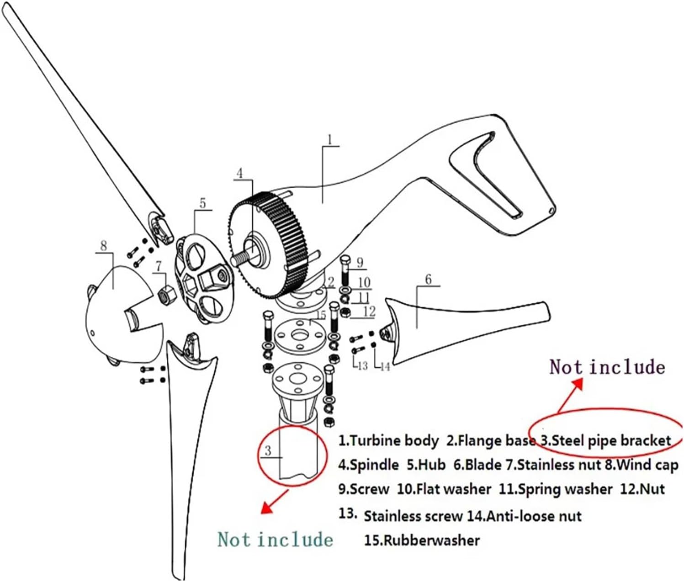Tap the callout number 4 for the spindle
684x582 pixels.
(240, 173)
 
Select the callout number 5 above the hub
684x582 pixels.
(202, 203)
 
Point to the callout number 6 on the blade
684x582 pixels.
(428, 279)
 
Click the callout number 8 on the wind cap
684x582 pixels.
(104, 245)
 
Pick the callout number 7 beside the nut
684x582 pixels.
(159, 265)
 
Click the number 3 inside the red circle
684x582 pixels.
(268, 450)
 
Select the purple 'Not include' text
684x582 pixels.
(607, 367)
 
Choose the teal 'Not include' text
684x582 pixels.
(275, 540)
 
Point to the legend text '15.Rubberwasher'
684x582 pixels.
(422, 540)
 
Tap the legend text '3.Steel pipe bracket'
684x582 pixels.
(605, 441)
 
